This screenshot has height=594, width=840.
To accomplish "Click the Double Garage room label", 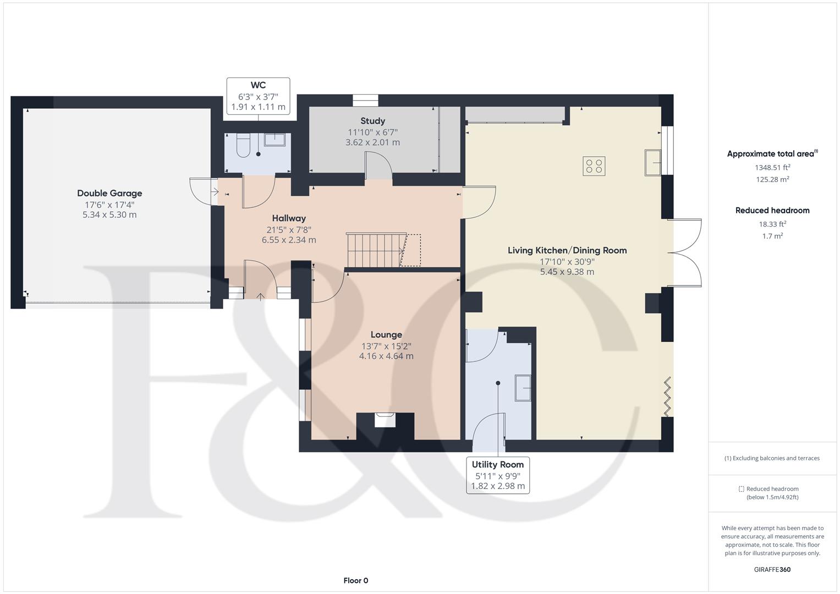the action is [x=109, y=193].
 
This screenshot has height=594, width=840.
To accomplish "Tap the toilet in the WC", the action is [x=243, y=145].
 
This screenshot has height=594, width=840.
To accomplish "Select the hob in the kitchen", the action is [x=594, y=166].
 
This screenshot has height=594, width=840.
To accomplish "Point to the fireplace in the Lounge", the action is [x=385, y=420].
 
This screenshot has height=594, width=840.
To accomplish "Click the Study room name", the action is [x=372, y=121].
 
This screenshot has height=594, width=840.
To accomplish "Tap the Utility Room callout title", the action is [x=498, y=464].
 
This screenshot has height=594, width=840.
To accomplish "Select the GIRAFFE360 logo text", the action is [x=772, y=569].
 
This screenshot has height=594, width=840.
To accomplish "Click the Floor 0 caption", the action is [x=355, y=580].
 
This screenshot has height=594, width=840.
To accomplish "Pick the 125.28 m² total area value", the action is [x=772, y=179].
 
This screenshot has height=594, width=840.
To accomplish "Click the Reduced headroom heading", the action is [x=772, y=210].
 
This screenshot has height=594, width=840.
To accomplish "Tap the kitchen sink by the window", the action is [x=653, y=162].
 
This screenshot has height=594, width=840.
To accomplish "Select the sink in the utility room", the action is [x=523, y=388].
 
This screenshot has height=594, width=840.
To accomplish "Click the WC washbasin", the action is [x=274, y=140].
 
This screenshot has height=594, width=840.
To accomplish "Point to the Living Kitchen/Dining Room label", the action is [x=567, y=250].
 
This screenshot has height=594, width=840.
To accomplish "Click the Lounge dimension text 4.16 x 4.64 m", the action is [x=386, y=356].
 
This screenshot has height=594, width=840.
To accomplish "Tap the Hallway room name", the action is [x=289, y=218].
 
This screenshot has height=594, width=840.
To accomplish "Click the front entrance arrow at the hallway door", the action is [x=260, y=296].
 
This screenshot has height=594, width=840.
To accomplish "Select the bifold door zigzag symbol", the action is [x=667, y=397].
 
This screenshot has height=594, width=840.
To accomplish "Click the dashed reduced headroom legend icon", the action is [x=741, y=489].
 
